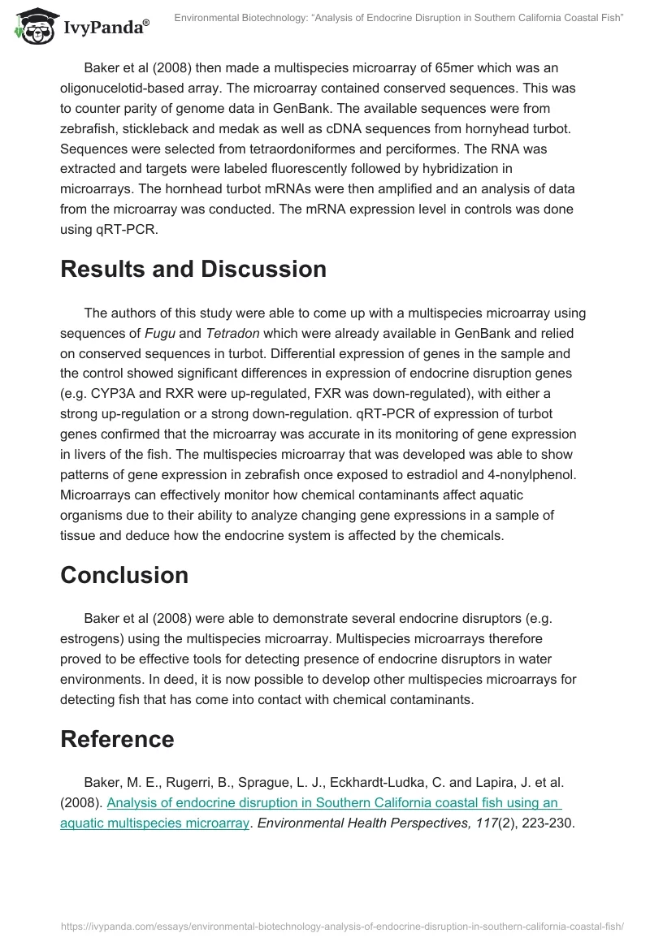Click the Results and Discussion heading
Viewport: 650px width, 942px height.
193,269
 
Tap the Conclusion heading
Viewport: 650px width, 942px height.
124,575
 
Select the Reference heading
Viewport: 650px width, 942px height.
117,739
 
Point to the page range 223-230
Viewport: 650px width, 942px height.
547,823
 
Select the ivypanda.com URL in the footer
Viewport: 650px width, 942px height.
340,925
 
